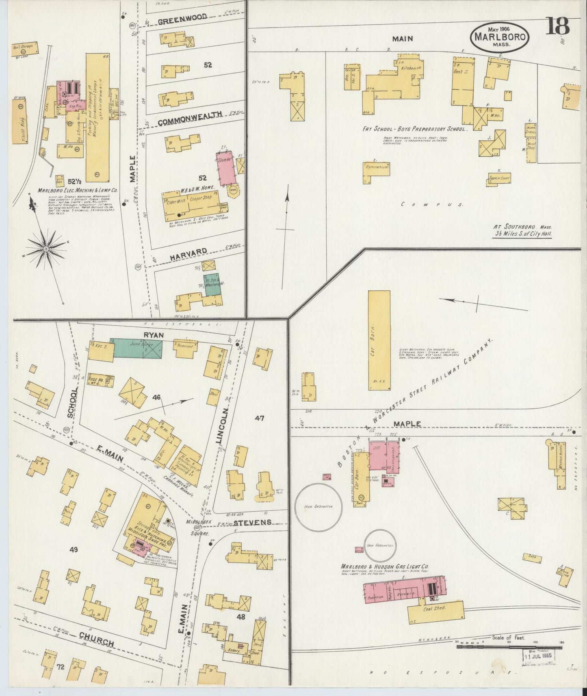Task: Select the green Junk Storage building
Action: click(137, 348)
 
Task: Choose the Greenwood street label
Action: click(182, 17)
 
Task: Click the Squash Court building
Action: click(500, 178)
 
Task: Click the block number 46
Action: click(156, 398)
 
